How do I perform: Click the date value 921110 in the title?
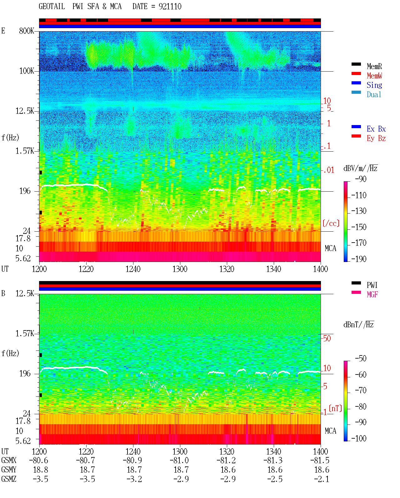(170, 6)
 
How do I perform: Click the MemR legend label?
(374, 66)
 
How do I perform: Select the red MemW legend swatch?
(356, 73)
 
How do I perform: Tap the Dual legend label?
(374, 94)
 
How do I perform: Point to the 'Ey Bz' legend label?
(376, 138)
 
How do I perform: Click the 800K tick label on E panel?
(27, 31)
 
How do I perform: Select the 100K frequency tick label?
(27, 71)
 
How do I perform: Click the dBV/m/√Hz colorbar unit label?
(360, 168)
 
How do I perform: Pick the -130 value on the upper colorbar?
(359, 211)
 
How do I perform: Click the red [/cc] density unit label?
(331, 223)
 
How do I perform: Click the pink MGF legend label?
(372, 294)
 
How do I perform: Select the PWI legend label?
(372, 285)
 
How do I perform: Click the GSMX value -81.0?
(179, 460)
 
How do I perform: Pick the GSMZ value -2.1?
(322, 479)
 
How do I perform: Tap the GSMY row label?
(9, 470)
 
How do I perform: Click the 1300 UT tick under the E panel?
(180, 269)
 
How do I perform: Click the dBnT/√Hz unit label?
(358, 325)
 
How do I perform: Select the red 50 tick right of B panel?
(327, 338)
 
